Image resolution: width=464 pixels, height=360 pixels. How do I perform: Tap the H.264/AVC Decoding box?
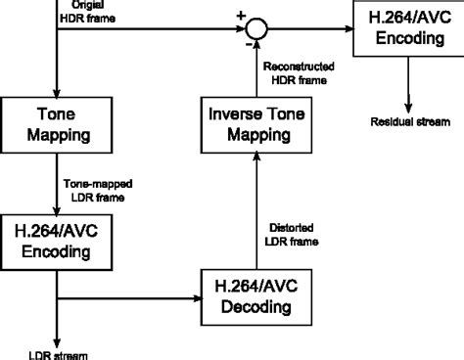click(x=255, y=295)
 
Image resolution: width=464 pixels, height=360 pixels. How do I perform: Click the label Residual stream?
click(x=406, y=122)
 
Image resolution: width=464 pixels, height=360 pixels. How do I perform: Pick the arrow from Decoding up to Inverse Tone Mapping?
click(x=255, y=215)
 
